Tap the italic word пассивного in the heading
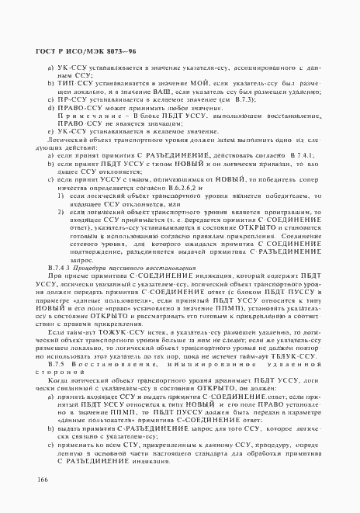(114, 268)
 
